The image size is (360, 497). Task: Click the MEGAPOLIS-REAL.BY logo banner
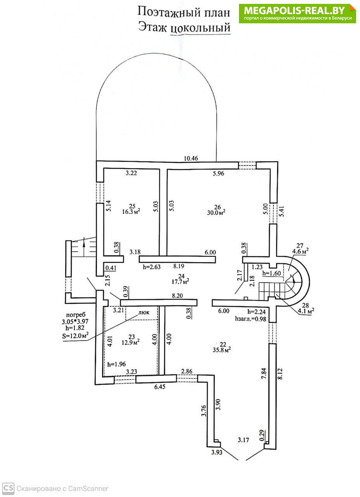(298, 14)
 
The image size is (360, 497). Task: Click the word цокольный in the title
(201, 28)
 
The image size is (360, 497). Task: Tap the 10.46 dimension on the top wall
(191, 158)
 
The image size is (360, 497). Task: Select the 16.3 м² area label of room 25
(131, 212)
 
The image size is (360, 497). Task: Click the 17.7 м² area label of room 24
(180, 282)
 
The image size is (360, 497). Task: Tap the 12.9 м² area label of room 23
(130, 342)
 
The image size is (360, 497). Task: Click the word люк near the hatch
(144, 312)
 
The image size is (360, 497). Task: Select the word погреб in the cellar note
(76, 315)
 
